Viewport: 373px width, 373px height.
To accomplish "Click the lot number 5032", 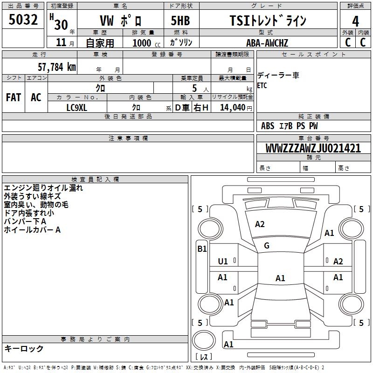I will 23,20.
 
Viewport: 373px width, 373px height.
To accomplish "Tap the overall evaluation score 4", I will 355,21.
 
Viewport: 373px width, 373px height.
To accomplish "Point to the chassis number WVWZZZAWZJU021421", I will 313,148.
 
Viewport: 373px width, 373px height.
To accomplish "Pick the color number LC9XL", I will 77,107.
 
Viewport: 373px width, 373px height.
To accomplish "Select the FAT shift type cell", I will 14,97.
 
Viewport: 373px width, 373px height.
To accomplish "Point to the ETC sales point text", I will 262,86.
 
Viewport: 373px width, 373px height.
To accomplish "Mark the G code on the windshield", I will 267,246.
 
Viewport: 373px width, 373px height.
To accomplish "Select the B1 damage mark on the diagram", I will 201,249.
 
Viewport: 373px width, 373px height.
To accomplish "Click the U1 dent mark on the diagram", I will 223,261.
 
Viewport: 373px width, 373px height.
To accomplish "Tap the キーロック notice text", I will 24,348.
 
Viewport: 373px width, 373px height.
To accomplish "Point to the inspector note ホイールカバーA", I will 32,230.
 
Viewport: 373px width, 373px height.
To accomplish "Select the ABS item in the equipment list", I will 268,126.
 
